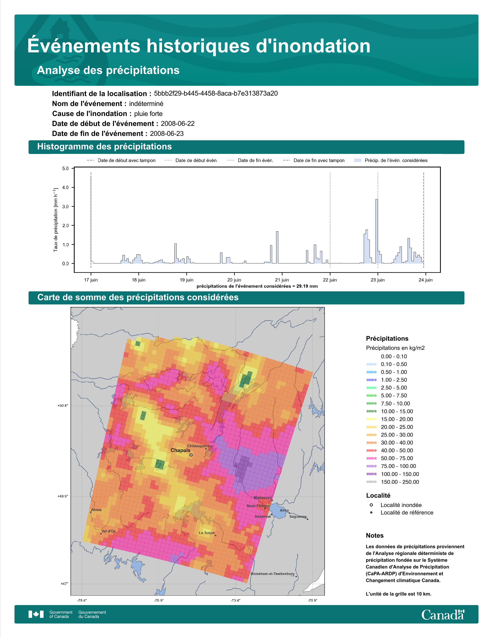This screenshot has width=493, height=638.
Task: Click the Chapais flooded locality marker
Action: tap(191, 455)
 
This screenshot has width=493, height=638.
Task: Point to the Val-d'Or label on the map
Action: tap(108, 531)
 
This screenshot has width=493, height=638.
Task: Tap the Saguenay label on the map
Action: tap(298, 516)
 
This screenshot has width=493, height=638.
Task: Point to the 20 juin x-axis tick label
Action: tap(234, 280)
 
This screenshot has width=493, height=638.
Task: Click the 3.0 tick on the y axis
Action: tap(65, 206)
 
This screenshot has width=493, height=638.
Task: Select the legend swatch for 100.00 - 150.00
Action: tap(371, 474)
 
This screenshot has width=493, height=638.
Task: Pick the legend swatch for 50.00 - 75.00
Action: tap(371, 458)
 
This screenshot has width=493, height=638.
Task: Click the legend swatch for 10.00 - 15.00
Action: tap(371, 411)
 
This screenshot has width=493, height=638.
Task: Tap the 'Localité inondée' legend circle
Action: tap(371, 505)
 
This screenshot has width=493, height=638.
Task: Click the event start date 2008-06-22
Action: tap(177, 124)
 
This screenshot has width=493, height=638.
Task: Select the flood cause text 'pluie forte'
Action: tap(148, 114)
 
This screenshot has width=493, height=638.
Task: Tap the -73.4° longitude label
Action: tap(235, 601)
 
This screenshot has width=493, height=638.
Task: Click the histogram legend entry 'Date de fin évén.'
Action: tap(250, 160)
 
